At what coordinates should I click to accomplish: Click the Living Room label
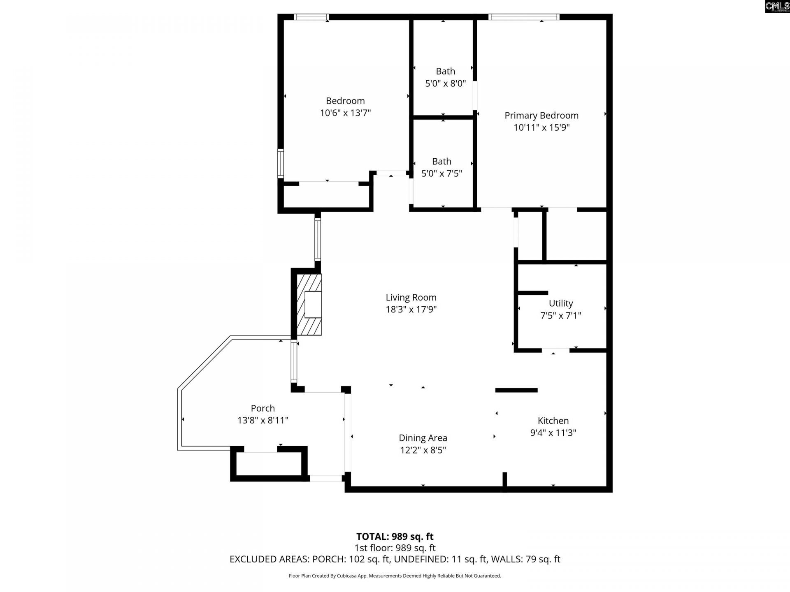(x=411, y=297)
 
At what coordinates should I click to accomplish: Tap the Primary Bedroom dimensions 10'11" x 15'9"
(x=541, y=127)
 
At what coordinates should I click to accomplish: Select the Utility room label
(x=560, y=303)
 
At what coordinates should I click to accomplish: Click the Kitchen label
(x=553, y=421)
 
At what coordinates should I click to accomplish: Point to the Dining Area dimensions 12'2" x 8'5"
(x=423, y=450)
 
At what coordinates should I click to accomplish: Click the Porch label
(x=263, y=408)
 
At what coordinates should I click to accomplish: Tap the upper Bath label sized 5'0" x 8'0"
(x=445, y=72)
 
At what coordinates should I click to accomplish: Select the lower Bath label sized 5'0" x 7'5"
(x=441, y=162)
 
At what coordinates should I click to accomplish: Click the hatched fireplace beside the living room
(x=309, y=305)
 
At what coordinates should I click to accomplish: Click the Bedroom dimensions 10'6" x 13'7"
(x=345, y=113)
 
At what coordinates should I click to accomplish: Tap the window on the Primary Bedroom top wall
(x=524, y=17)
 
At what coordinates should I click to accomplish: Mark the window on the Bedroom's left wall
(x=281, y=163)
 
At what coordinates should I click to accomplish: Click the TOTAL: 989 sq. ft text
(x=395, y=536)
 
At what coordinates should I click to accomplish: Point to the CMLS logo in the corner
(x=777, y=6)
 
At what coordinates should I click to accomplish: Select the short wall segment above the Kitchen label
(x=516, y=390)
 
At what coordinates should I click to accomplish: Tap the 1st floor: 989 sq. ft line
(x=395, y=548)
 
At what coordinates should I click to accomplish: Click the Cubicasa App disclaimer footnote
(x=395, y=576)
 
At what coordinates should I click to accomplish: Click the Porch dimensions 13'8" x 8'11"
(x=263, y=421)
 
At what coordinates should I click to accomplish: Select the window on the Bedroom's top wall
(x=311, y=17)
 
